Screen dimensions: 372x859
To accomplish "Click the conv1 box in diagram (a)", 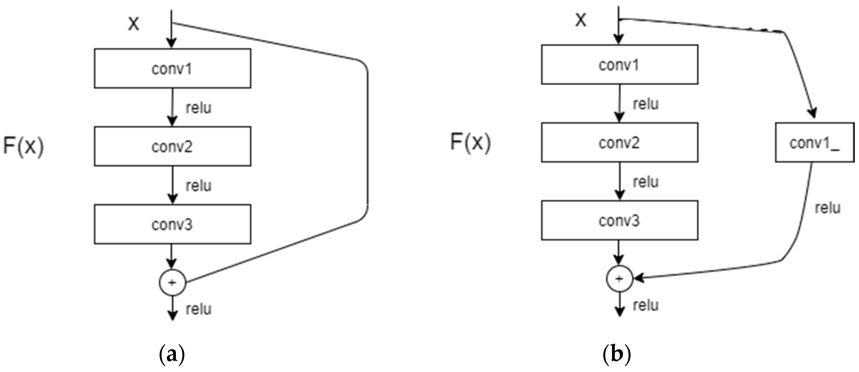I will [x=173, y=69].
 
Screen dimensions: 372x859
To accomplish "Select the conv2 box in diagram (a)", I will [x=173, y=146].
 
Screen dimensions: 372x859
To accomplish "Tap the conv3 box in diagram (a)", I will [x=173, y=224].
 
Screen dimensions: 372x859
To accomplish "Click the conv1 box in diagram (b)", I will [x=619, y=65].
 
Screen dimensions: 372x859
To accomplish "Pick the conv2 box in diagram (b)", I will [x=619, y=143].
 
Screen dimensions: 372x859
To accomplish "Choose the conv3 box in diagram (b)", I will [x=619, y=220].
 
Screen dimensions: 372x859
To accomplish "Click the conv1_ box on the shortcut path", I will [x=814, y=143].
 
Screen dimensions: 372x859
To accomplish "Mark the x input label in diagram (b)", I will [x=581, y=20].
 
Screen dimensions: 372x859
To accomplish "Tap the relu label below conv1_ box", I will [x=827, y=208].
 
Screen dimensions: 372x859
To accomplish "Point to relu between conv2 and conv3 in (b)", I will [x=645, y=182].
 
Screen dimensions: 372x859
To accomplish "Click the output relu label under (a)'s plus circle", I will [x=198, y=309].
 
